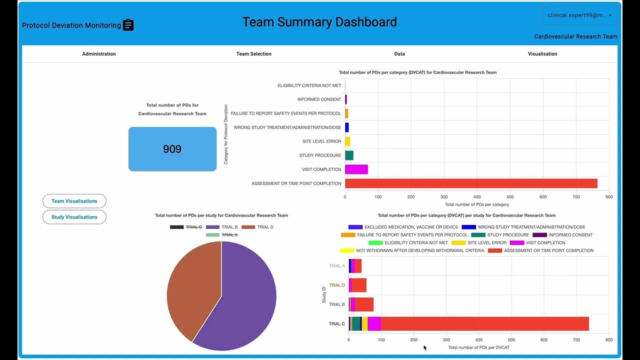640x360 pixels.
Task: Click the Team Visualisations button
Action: (74, 201)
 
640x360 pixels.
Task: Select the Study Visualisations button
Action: (74, 217)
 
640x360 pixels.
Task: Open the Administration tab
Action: (99, 54)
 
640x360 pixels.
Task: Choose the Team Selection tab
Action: (254, 54)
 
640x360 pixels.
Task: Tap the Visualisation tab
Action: (542, 54)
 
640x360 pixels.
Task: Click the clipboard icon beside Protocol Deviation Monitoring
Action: (128, 25)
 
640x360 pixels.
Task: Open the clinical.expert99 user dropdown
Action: (579, 15)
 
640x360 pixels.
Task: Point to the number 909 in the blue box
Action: (172, 149)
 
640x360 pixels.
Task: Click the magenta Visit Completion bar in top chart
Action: (356, 169)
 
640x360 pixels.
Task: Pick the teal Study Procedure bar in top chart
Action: (349, 155)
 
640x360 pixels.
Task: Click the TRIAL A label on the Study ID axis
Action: (336, 266)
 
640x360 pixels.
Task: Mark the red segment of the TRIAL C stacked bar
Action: (484, 323)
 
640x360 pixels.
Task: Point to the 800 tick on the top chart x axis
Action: (608, 197)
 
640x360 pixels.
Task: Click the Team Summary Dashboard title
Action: (319, 22)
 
